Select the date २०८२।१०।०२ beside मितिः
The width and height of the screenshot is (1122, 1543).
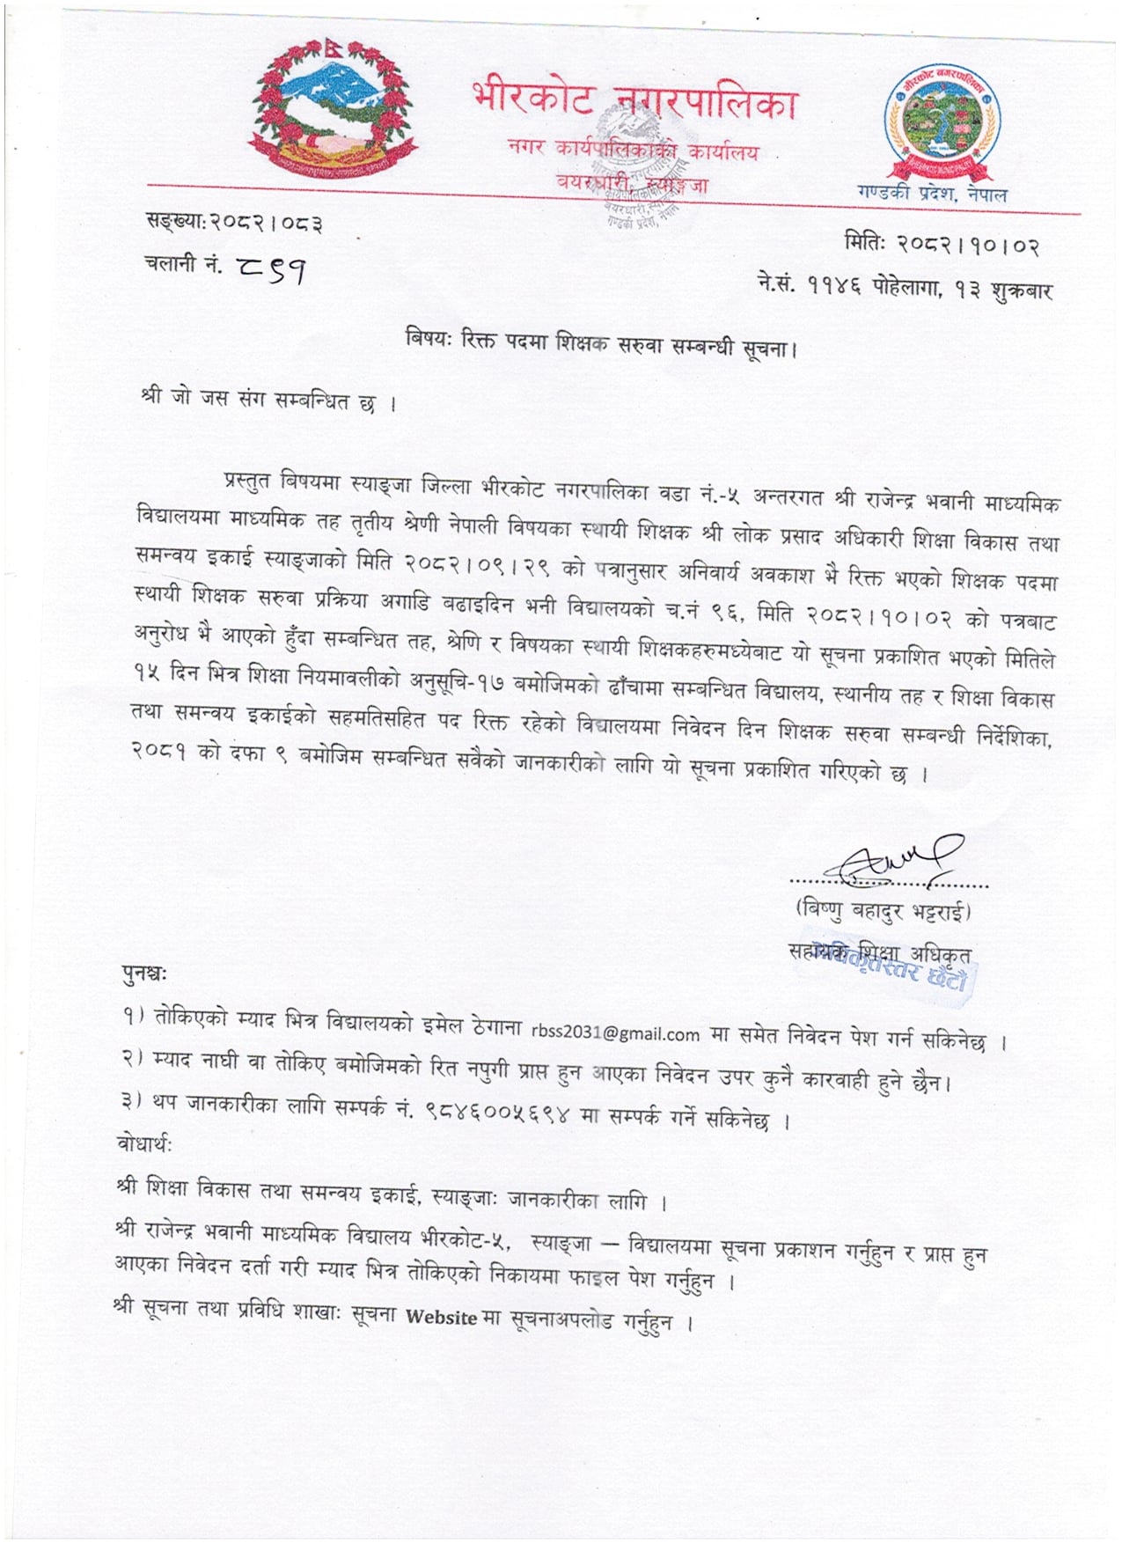tap(968, 244)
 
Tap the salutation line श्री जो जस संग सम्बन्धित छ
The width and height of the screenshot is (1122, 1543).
tap(268, 400)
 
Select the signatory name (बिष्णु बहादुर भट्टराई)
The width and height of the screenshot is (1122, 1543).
tap(883, 909)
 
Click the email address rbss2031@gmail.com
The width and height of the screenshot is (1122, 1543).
tap(615, 1032)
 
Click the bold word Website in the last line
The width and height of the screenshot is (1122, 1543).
tap(441, 1318)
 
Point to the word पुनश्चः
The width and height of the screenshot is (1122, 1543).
tap(144, 974)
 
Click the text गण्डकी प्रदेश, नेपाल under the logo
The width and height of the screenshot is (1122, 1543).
tap(932, 194)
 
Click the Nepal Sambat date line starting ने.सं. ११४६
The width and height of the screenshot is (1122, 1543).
tap(904, 287)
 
